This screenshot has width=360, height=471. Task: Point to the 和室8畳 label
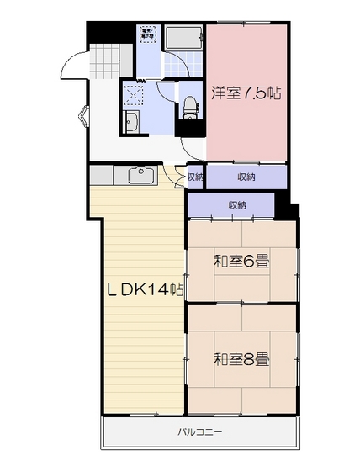(x=241, y=360)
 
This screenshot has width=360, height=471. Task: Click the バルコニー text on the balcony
(x=199, y=431)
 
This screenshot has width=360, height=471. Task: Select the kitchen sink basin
(x=140, y=175)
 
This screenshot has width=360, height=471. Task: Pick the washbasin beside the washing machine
(x=133, y=122)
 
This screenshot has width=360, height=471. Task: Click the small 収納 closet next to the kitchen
(x=194, y=177)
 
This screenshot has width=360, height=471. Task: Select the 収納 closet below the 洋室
(x=246, y=177)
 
